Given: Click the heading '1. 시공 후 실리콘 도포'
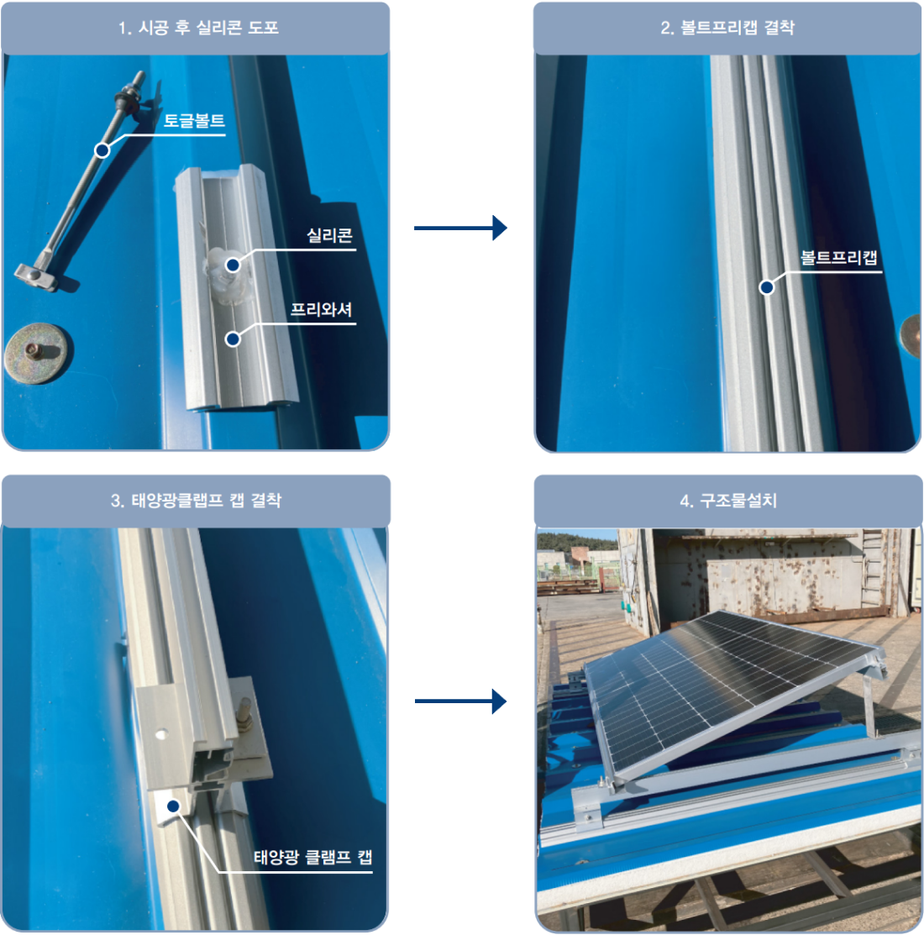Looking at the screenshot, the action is pyautogui.click(x=198, y=28).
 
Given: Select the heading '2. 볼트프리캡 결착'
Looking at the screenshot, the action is pyautogui.click(x=727, y=28).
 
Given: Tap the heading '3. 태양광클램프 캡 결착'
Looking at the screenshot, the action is pyautogui.click(x=196, y=500).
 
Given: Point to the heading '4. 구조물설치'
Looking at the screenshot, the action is pyautogui.click(x=728, y=500).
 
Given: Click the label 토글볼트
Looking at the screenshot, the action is pyautogui.click(x=194, y=120).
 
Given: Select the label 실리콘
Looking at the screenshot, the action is pyautogui.click(x=329, y=235).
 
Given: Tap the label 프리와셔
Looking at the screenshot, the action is pyautogui.click(x=322, y=309).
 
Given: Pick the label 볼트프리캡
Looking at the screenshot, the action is pyautogui.click(x=839, y=258).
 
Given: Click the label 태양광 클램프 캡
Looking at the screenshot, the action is pyautogui.click(x=313, y=857).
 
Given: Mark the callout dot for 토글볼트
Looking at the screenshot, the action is pyautogui.click(x=102, y=150).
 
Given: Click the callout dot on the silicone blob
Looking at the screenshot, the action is pyautogui.click(x=233, y=265).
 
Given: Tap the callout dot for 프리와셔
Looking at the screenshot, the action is pyautogui.click(x=233, y=339).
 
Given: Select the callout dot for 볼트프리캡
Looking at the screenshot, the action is pyautogui.click(x=767, y=287).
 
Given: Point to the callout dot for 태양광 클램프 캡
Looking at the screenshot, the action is pyautogui.click(x=174, y=806).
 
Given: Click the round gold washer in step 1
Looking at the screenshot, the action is pyautogui.click(x=36, y=353).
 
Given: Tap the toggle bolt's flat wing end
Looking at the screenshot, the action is pyautogui.click(x=37, y=276).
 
